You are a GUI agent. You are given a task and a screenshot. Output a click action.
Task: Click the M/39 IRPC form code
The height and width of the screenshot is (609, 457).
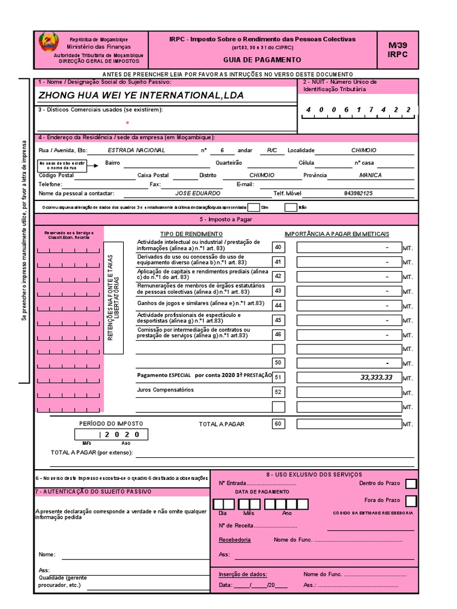point(397,49)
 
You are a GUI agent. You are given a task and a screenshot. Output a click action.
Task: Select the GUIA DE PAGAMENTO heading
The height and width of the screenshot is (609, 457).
point(262,60)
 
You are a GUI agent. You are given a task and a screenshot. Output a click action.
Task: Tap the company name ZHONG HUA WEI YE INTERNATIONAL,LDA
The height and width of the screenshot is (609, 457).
point(141,95)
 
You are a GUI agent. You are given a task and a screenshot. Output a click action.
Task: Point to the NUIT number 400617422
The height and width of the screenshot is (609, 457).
point(358,110)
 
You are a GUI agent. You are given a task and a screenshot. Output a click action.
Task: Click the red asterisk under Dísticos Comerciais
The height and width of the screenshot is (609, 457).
point(127,123)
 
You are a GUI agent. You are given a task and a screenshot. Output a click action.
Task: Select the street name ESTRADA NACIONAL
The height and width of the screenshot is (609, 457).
point(136,150)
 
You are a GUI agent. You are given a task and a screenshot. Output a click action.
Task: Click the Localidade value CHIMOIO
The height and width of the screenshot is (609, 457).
point(363,150)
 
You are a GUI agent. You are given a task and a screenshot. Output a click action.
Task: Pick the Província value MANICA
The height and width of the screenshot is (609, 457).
point(371,175)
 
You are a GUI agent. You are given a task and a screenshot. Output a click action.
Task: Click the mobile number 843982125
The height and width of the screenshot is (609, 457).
point(358,193)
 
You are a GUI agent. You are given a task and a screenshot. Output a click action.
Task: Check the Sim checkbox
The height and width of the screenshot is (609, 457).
point(253,208)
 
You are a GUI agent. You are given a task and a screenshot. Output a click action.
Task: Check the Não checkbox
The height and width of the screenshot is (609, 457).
point(290,208)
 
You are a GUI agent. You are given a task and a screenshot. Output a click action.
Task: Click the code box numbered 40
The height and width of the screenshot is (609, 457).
point(278,247)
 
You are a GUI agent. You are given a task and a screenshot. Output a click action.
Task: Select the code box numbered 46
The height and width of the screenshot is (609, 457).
point(278,334)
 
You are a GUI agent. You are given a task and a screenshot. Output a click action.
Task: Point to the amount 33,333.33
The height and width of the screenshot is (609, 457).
point(376,378)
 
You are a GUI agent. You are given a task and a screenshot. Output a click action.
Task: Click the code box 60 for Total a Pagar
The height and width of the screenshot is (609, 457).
point(278,424)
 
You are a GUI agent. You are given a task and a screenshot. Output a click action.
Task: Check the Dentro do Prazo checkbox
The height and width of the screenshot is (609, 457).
point(411,484)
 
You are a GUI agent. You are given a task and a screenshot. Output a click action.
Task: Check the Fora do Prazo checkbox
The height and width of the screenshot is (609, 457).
point(411,501)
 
